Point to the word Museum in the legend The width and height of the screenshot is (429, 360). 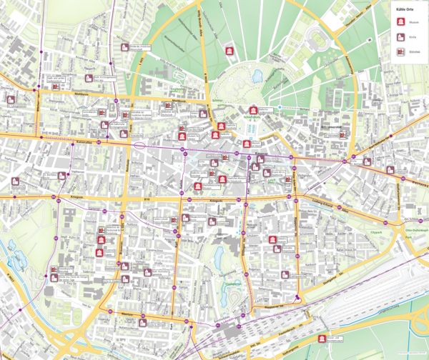(x=414, y=23)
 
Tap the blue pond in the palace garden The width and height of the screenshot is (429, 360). (x=257, y=74)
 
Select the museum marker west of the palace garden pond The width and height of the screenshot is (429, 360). (x=229, y=51)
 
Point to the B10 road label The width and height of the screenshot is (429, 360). (x=148, y=199)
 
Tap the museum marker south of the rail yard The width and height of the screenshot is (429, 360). (x=326, y=339)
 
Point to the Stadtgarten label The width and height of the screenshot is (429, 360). (x=230, y=284)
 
